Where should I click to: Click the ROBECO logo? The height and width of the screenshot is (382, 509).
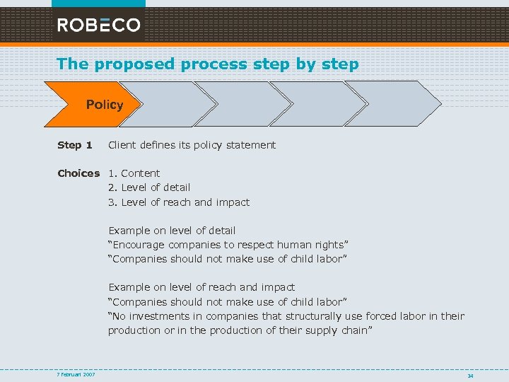pos(99,25)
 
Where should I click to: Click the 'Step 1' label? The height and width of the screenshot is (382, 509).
pos(74,145)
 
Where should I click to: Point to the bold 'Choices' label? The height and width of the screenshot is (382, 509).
pos(78,173)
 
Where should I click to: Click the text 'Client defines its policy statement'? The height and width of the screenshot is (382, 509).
pos(192,145)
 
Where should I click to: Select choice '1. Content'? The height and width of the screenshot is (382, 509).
pos(134,173)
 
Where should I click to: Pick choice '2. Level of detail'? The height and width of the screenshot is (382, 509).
pos(149,187)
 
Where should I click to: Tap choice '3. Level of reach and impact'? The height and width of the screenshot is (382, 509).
pos(179,202)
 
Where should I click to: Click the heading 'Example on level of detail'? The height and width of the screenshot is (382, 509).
pos(172,231)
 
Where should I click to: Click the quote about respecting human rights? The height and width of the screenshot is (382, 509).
pos(228,245)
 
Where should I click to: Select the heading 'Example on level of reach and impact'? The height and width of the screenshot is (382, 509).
pos(201,287)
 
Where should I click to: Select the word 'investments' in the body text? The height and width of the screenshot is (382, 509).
pos(158,316)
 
